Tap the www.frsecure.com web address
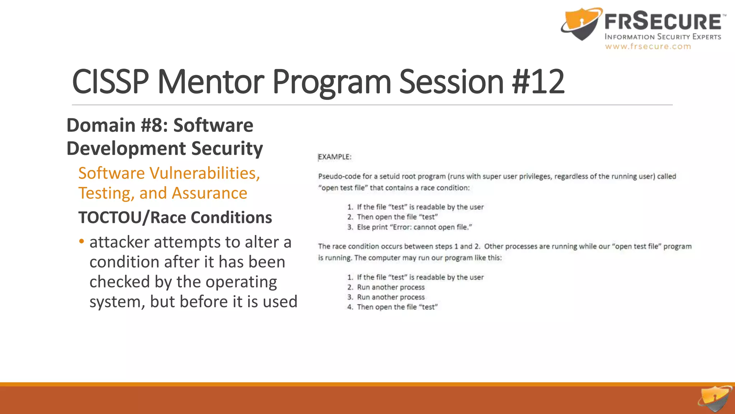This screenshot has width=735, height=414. pos(648,46)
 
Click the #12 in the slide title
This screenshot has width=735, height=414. pos(538,82)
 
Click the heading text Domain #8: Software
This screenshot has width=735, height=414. pos(160,125)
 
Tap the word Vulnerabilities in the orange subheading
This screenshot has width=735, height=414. pos(205,173)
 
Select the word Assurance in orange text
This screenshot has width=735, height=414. pos(210,193)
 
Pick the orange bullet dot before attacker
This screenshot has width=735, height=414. pos(82,241)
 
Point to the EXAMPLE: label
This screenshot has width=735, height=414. pos(335,157)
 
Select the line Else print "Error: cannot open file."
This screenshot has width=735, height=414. pos(414,227)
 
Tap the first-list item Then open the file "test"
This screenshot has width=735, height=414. pos(397,217)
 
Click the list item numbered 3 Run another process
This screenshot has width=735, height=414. pos(390,297)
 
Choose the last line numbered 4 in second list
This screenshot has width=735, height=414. pos(397,307)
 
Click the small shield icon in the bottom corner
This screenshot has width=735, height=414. pos(714,399)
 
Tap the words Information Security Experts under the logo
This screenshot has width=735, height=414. pos(663,37)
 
